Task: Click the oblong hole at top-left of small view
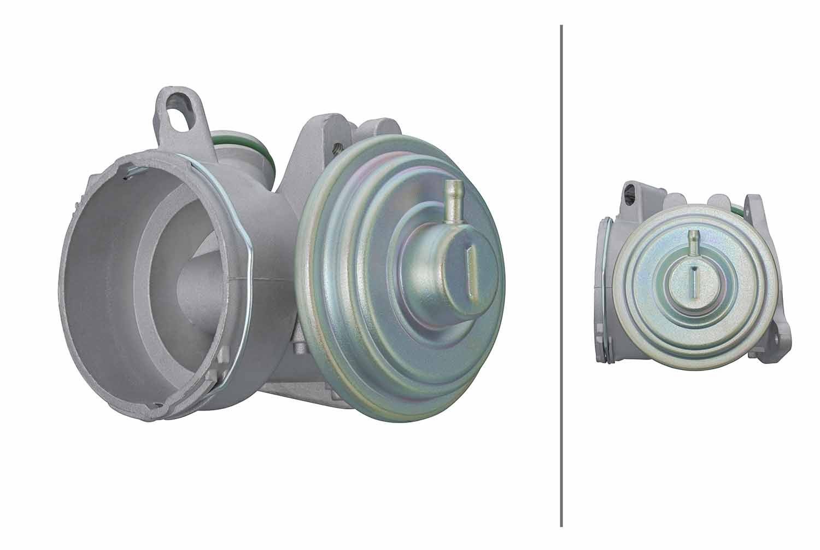point(632,193)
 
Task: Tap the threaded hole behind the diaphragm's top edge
point(336,147)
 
